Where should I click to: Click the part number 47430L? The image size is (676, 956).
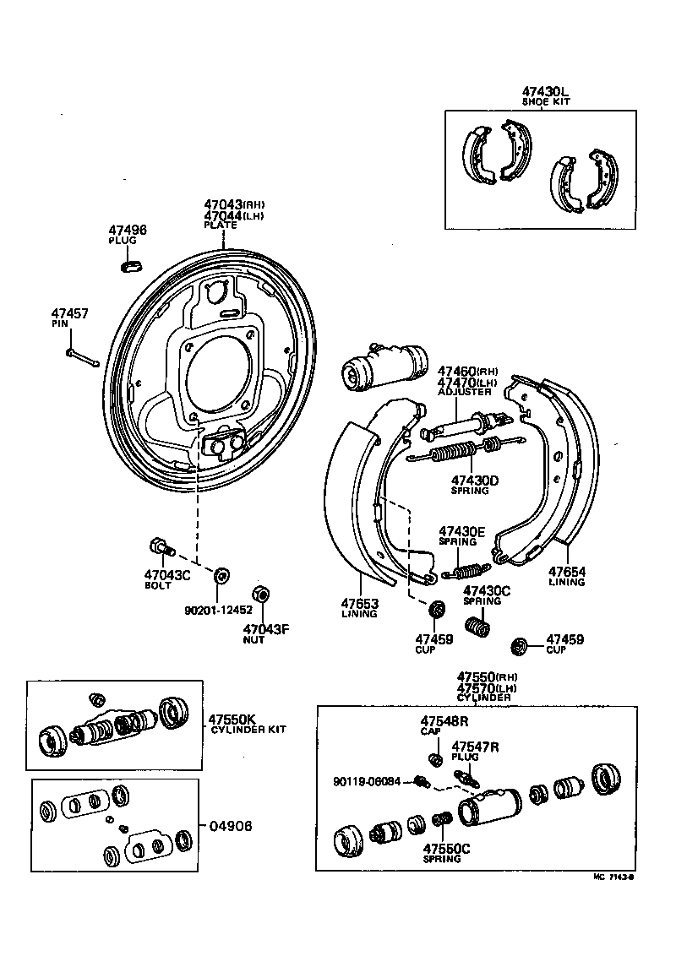click(x=545, y=90)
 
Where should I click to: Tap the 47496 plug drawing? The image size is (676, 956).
click(x=131, y=266)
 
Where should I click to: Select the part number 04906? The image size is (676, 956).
click(x=230, y=826)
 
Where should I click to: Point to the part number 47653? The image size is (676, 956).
click(x=360, y=604)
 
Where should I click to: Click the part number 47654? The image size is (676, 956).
click(x=566, y=572)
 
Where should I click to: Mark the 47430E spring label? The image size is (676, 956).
click(x=461, y=531)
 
